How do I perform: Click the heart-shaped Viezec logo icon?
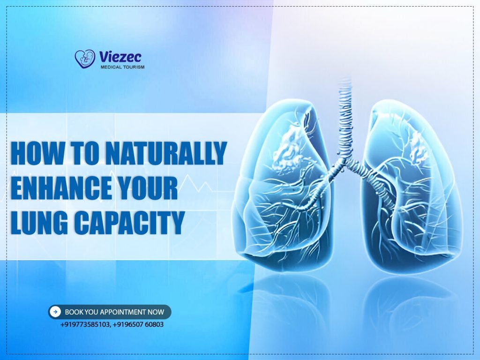click(x=85, y=59)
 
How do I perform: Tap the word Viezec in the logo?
click(x=120, y=57)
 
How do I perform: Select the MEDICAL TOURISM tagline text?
click(x=122, y=67)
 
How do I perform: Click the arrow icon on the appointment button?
click(x=56, y=311)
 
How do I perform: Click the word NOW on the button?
click(x=156, y=312)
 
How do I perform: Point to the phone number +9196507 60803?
click(x=138, y=324)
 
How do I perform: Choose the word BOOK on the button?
click(x=73, y=312)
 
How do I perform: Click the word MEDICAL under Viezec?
click(x=111, y=67)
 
